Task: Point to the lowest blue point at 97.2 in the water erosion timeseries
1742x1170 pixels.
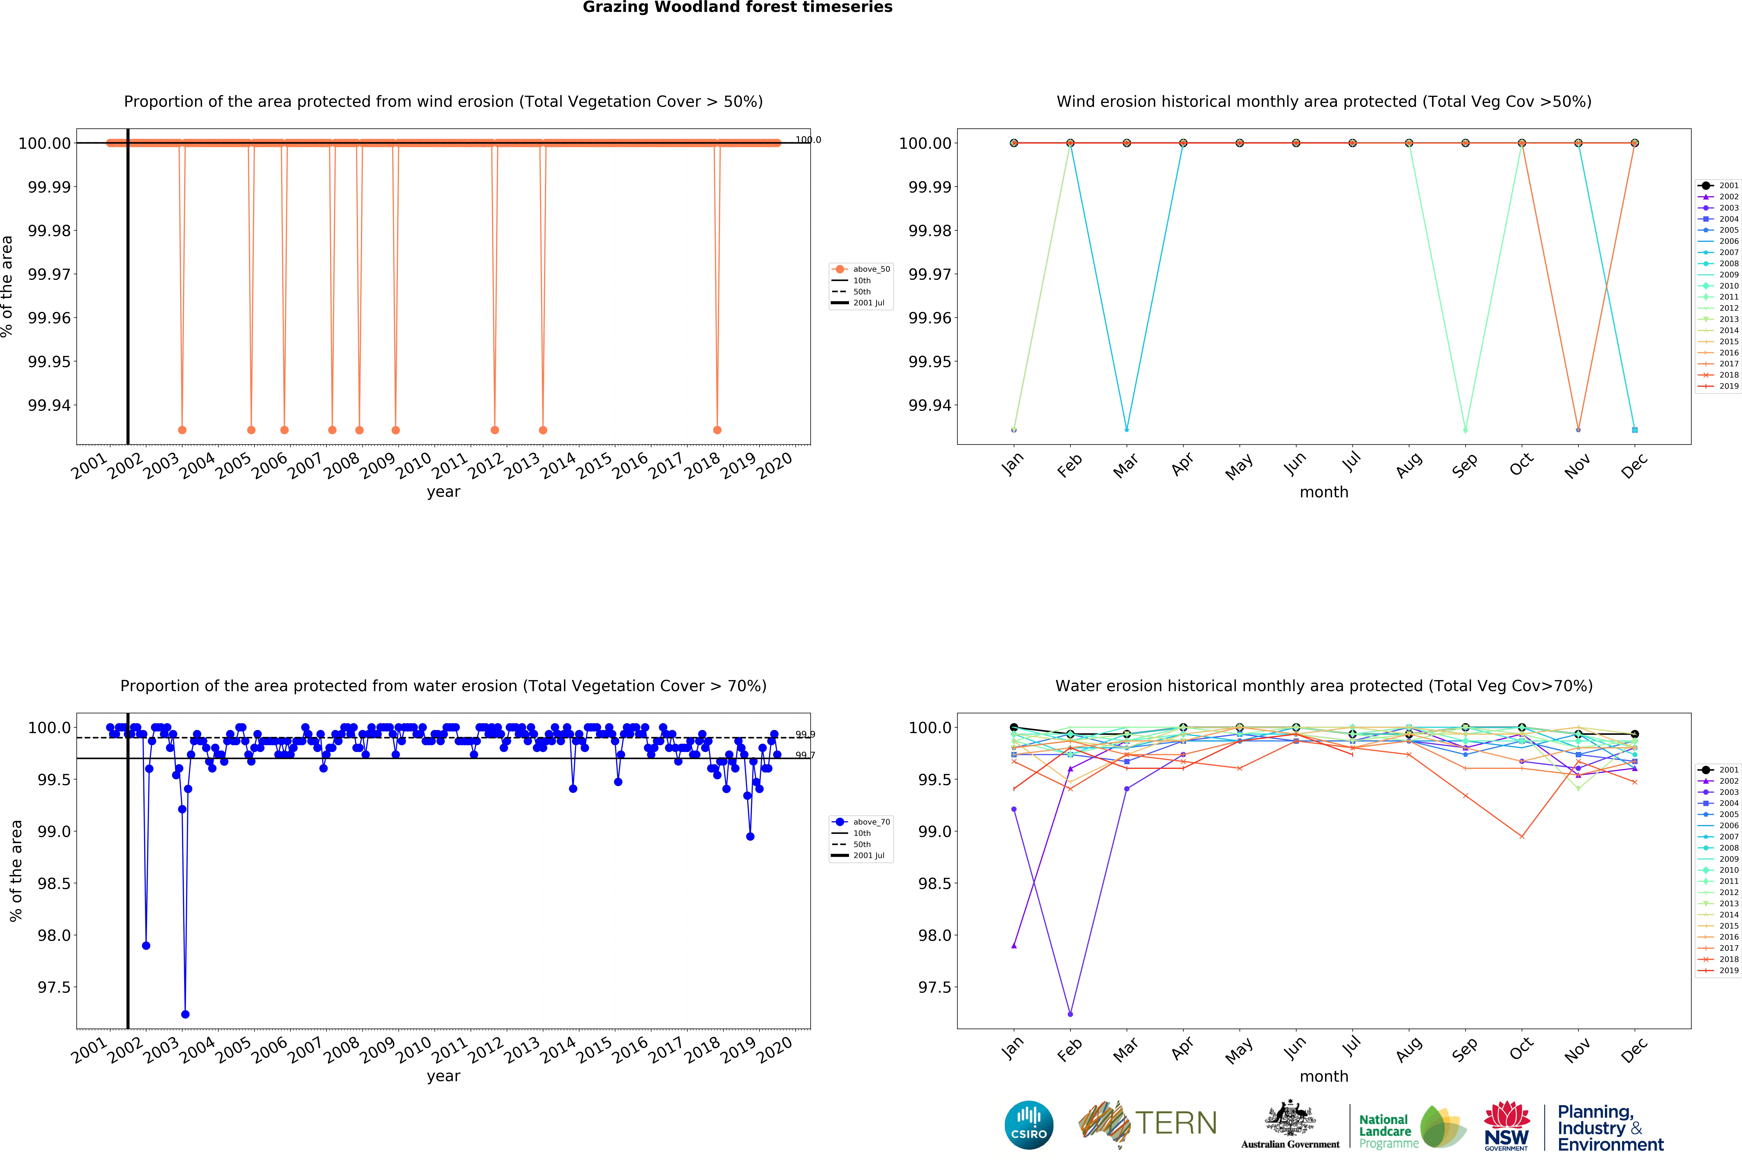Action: pos(185,1014)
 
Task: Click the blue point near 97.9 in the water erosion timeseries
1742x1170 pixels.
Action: pos(146,945)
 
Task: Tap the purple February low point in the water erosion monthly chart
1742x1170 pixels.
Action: pos(1070,1014)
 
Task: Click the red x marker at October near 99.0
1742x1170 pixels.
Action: pos(1521,836)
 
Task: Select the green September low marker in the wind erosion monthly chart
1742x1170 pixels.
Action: pos(1465,430)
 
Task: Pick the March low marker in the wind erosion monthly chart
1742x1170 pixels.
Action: pos(1126,430)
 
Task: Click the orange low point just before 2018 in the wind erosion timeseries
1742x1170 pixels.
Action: pos(717,430)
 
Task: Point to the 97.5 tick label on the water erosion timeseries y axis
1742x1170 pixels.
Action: pos(54,987)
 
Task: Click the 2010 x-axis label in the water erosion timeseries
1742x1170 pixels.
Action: pos(413,1049)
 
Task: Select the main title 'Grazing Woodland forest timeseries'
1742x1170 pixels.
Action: pos(737,8)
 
